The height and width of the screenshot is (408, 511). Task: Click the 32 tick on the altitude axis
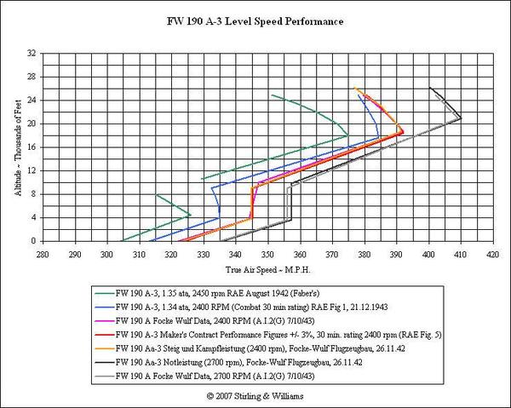pyautogui.click(x=32, y=53)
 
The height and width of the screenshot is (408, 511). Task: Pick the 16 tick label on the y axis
pyautogui.click(x=32, y=147)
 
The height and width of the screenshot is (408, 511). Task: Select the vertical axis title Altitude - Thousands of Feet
pyautogui.click(x=17, y=147)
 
